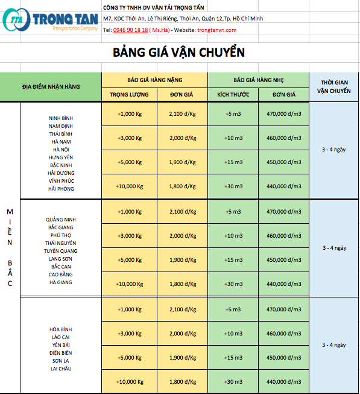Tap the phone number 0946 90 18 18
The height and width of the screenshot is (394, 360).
(x=130, y=30)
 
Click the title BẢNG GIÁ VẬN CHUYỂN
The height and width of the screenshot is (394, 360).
(x=178, y=52)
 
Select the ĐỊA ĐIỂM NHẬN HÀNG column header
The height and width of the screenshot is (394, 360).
(x=51, y=86)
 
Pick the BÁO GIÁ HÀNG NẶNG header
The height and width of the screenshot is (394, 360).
(x=154, y=80)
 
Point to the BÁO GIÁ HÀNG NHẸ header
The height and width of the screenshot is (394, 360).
(x=259, y=80)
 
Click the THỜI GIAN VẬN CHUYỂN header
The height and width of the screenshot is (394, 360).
(x=334, y=86)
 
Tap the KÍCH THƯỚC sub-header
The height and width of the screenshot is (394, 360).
(x=233, y=95)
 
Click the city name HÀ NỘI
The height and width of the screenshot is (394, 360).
(x=61, y=149)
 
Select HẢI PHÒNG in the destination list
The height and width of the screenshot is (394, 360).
(x=61, y=189)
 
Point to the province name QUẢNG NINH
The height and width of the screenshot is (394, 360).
(x=61, y=219)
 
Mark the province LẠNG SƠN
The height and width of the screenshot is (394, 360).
(x=61, y=258)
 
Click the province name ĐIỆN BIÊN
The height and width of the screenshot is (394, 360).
(x=61, y=352)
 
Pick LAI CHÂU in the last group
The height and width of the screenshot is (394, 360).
(x=61, y=368)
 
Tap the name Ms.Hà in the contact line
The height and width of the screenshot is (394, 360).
(x=159, y=30)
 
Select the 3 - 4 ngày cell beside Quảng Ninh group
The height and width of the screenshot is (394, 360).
(x=334, y=247)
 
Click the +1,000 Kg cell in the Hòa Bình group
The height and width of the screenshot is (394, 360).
(x=129, y=309)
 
